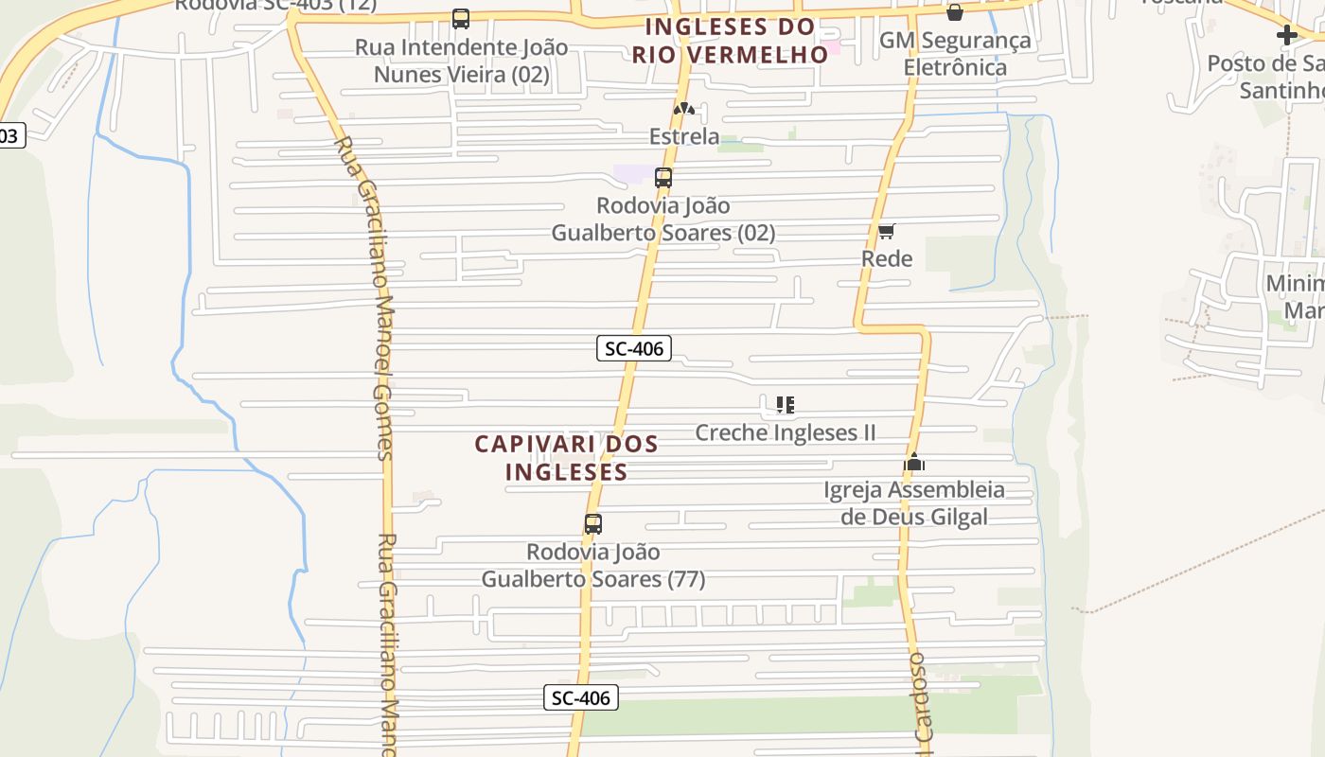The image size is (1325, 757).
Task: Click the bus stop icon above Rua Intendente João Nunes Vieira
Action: click(x=461, y=19)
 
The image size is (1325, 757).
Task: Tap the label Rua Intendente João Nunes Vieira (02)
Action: click(x=462, y=61)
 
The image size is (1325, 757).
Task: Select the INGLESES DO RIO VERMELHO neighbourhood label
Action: click(x=730, y=40)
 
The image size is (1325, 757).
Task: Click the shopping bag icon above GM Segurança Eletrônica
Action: click(x=955, y=12)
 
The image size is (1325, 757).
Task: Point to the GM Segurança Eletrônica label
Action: click(x=955, y=54)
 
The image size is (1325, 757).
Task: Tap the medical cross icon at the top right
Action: click(x=1286, y=35)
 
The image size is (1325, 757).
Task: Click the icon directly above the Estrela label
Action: click(x=683, y=109)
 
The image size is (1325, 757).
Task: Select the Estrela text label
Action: click(x=683, y=136)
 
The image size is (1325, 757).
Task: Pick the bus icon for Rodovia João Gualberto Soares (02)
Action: click(x=663, y=178)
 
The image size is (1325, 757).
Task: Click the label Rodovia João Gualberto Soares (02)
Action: click(x=663, y=219)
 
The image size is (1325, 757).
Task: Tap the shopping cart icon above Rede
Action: click(x=887, y=231)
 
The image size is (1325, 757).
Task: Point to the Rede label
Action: click(x=887, y=258)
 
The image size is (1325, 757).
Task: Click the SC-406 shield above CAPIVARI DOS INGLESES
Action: click(x=634, y=348)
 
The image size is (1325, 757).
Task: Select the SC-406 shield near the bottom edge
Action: click(x=582, y=698)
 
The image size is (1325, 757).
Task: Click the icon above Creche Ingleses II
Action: click(x=785, y=405)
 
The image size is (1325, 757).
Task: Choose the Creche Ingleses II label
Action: click(x=785, y=432)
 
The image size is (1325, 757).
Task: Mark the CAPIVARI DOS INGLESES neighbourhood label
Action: click(x=566, y=457)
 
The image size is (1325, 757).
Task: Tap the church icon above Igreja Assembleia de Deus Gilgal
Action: click(x=914, y=463)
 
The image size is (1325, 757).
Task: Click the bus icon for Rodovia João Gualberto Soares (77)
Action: click(x=593, y=524)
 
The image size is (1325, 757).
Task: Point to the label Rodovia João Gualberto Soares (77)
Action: click(x=593, y=565)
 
